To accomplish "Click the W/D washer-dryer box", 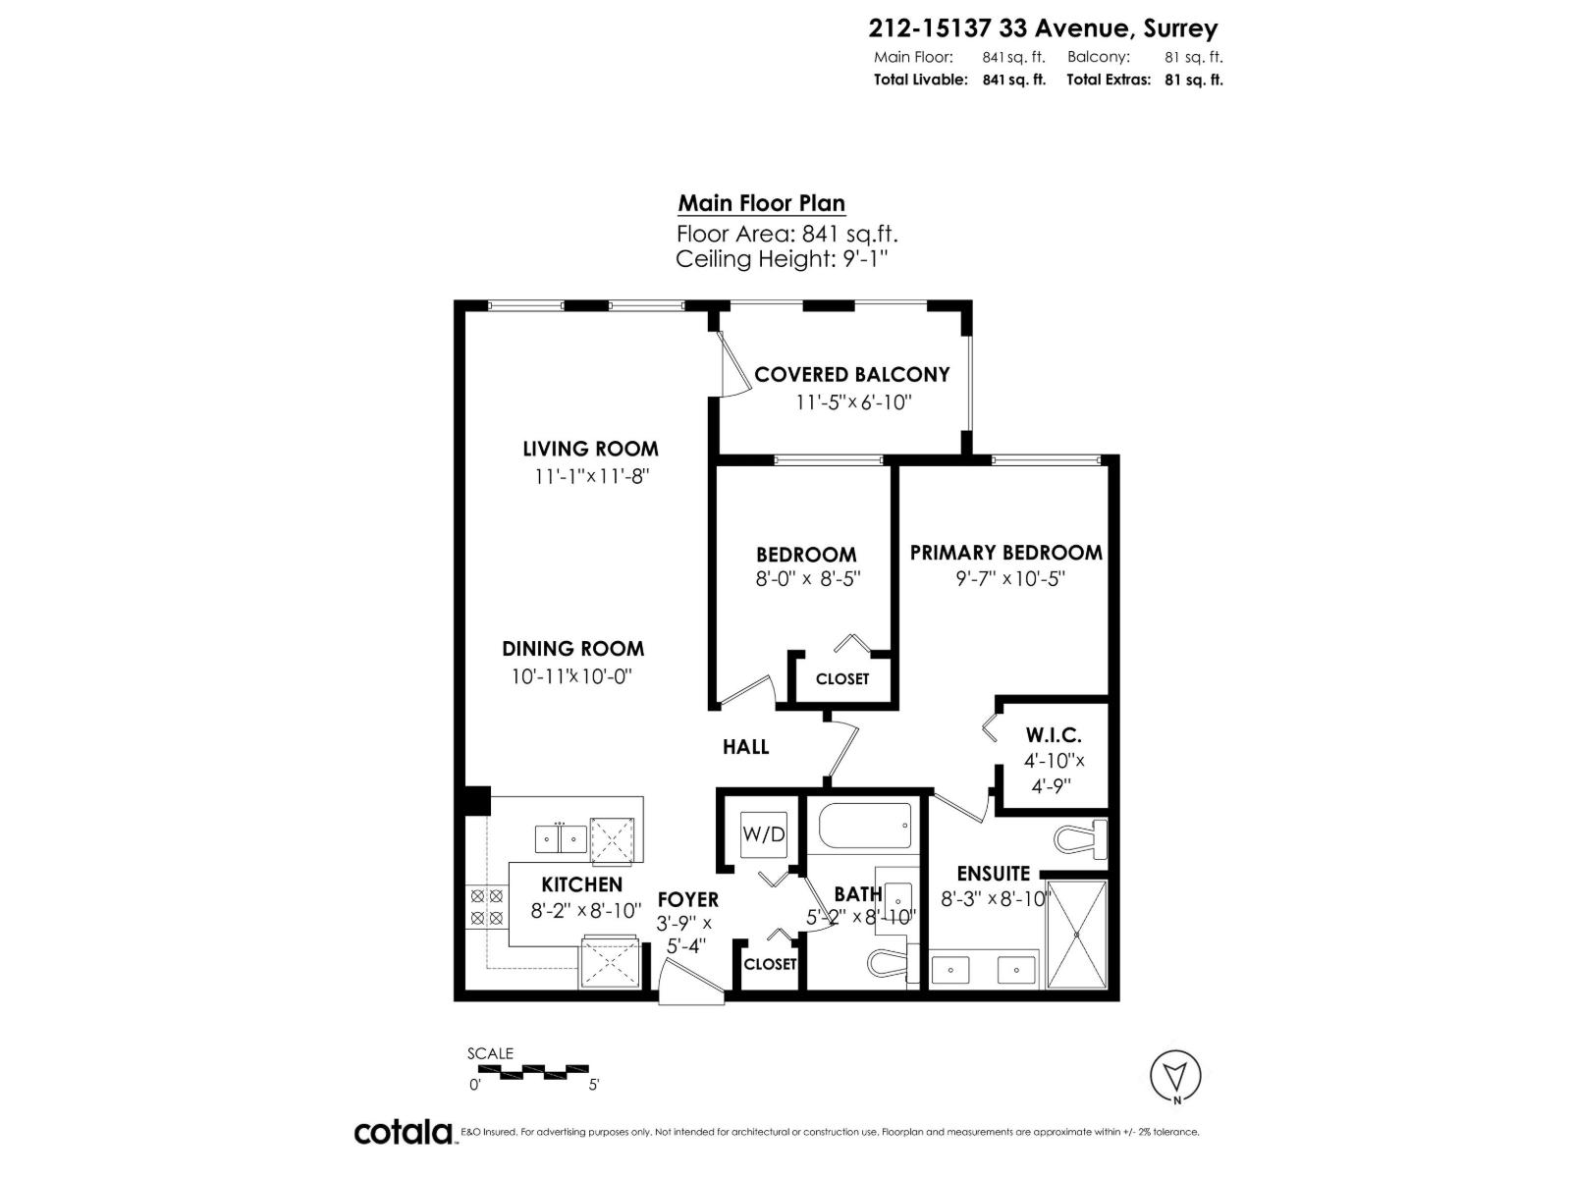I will click(x=763, y=835).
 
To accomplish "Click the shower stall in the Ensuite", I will click(x=1077, y=936).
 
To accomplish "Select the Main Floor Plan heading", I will click(x=761, y=203).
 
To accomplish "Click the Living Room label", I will click(x=590, y=450).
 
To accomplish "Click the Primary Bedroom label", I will click(x=1005, y=553).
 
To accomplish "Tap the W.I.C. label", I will click(x=1053, y=734).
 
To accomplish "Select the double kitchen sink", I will click(x=561, y=839).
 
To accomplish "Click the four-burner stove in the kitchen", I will click(x=485, y=907).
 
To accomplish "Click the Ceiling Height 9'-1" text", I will click(x=782, y=259).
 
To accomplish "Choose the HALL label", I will click(x=745, y=747).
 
